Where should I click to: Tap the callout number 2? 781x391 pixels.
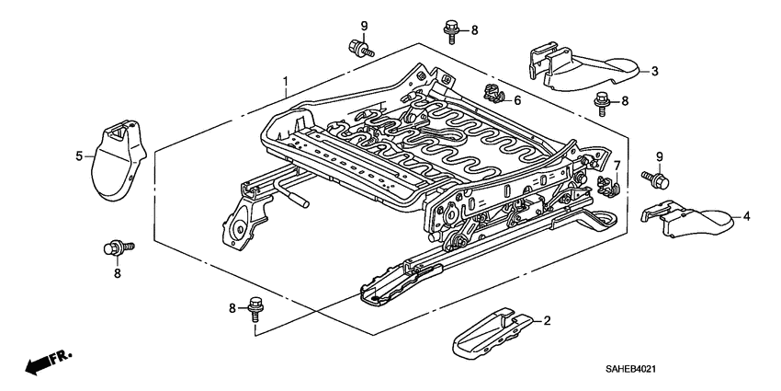(x=547, y=321)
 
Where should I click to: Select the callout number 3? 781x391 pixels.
(x=655, y=70)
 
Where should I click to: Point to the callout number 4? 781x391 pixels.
(x=746, y=216)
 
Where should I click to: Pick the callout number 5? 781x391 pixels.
(x=79, y=155)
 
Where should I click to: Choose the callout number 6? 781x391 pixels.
(x=517, y=100)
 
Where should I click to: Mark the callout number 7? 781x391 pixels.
(x=617, y=166)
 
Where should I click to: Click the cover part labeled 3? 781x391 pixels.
(x=588, y=68)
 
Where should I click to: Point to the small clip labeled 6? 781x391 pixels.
(x=492, y=93)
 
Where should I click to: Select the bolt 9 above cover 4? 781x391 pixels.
(x=659, y=178)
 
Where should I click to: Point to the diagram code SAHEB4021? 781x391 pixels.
(x=702, y=370)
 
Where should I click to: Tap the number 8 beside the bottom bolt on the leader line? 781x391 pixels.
(x=232, y=307)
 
